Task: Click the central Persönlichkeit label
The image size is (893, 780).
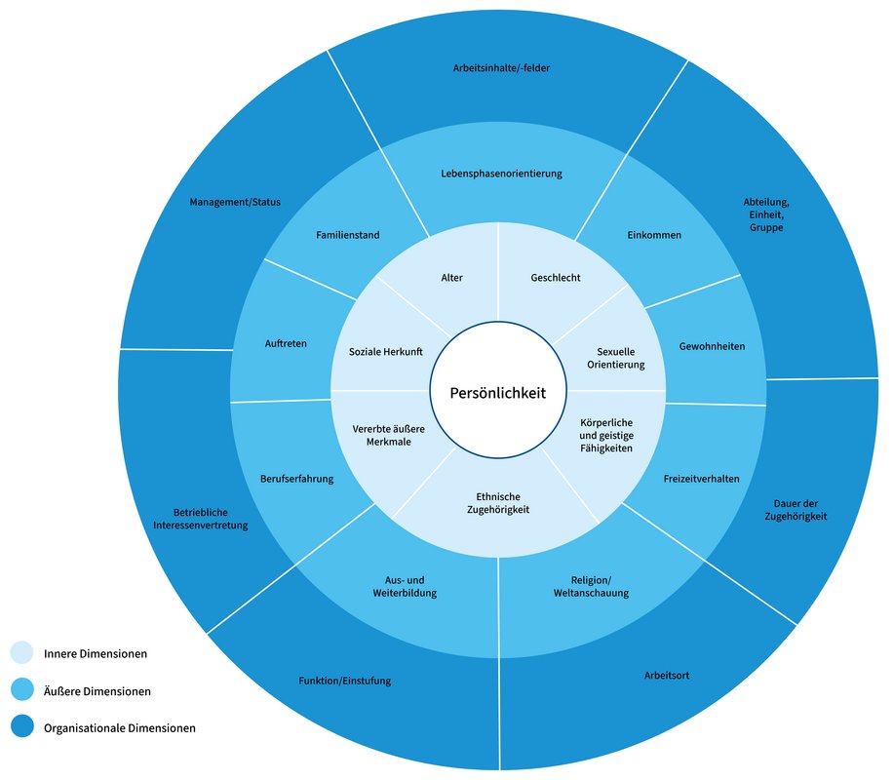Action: pyautogui.click(x=497, y=393)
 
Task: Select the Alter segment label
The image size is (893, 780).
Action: pyautogui.click(x=451, y=278)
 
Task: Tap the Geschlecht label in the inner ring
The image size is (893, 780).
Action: pyautogui.click(x=556, y=278)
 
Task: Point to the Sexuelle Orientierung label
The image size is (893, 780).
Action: pyautogui.click(x=615, y=358)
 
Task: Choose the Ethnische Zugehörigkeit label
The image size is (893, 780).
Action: pyautogui.click(x=498, y=503)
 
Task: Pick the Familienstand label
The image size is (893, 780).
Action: pyautogui.click(x=348, y=235)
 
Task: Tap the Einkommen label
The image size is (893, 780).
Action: pyautogui.click(x=653, y=235)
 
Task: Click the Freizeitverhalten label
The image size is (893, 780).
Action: pyautogui.click(x=701, y=479)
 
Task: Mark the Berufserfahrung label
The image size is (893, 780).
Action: pyautogui.click(x=297, y=479)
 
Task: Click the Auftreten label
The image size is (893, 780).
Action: pyautogui.click(x=287, y=343)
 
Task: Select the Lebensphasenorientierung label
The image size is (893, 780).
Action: pyautogui.click(x=500, y=174)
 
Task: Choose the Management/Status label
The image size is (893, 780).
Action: pyautogui.click(x=234, y=203)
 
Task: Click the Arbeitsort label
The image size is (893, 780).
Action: pyautogui.click(x=667, y=675)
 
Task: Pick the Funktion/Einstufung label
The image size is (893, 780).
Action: pyautogui.click(x=344, y=681)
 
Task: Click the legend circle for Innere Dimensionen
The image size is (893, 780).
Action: pyautogui.click(x=22, y=653)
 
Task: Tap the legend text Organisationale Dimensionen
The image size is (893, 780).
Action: pyautogui.click(x=119, y=727)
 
